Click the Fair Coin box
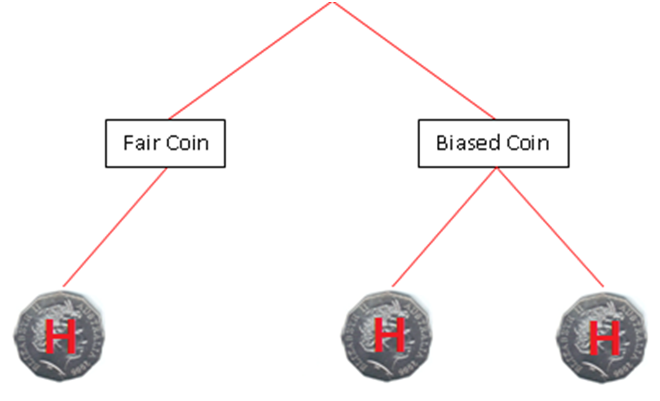(x=165, y=143)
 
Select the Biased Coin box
(x=493, y=143)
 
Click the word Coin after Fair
(x=187, y=143)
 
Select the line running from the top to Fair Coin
(x=247, y=61)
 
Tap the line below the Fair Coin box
(x=115, y=226)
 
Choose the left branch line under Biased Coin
(x=444, y=227)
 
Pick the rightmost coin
(x=603, y=336)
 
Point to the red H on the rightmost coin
(x=604, y=339)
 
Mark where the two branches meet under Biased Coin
(x=496, y=169)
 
